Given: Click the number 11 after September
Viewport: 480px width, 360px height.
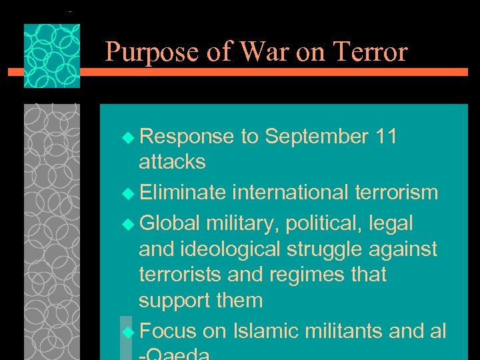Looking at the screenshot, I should click(385, 137).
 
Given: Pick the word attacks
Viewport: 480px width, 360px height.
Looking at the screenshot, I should click(172, 162).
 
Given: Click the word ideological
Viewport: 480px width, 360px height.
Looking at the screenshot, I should click(231, 249).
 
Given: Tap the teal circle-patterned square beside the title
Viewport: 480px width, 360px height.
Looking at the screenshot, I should click(52, 56).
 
